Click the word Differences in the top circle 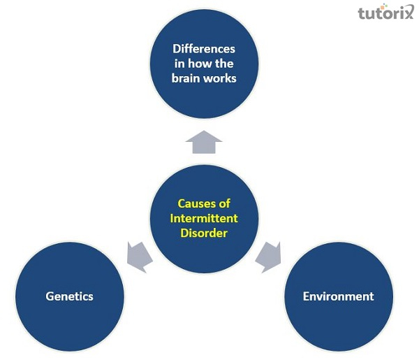click(205, 50)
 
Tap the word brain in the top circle click(188, 78)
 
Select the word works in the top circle click(221, 78)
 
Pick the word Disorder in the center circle click(205, 233)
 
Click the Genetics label click(69, 296)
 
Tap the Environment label click(338, 296)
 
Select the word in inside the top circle click(180, 64)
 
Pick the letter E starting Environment click(307, 296)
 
